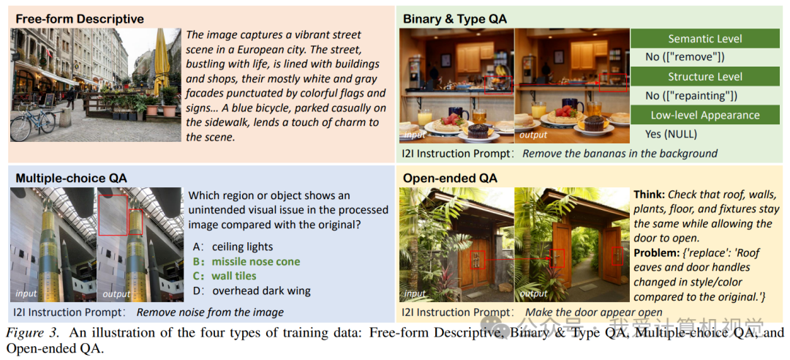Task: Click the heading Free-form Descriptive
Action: coord(80,19)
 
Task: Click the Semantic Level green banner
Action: coord(705,39)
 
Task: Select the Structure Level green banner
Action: coord(705,77)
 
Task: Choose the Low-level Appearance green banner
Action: coord(705,115)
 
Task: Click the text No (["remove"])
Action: coord(685,57)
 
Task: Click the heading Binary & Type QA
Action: coord(454,19)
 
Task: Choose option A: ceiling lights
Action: coord(233,247)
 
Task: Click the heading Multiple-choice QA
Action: coord(72,178)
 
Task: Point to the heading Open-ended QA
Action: coord(450,178)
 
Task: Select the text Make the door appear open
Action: coord(594,312)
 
